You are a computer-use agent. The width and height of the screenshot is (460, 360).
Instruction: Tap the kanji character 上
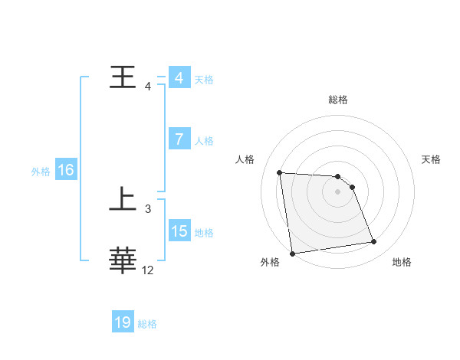point(123,201)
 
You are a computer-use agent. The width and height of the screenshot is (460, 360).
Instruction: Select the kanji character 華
point(123,260)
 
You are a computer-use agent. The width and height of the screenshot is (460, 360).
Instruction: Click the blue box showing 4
point(179,78)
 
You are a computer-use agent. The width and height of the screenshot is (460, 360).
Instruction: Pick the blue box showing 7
point(179,139)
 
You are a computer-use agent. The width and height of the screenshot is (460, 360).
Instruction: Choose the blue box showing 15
point(179,231)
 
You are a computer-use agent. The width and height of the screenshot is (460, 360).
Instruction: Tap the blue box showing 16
point(65,170)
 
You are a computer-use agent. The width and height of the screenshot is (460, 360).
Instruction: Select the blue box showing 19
point(123,322)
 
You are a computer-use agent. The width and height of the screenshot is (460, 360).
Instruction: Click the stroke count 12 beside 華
point(148,270)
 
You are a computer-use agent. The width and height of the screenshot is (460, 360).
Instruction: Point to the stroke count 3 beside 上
point(147,208)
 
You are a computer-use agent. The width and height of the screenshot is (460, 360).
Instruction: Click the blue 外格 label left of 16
point(41,172)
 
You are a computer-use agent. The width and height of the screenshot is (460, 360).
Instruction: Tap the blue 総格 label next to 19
point(147,324)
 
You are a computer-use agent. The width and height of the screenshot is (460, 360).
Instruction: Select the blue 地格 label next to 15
point(204,233)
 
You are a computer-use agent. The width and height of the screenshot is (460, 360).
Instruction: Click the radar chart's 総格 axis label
point(337,100)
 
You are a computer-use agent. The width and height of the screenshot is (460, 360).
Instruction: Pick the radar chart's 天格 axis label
point(432,159)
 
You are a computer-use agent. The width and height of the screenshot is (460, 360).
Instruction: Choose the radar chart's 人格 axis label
point(245,159)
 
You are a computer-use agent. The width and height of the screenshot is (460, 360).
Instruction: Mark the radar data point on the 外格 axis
point(292,254)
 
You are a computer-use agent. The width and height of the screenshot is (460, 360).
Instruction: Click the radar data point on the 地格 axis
point(374,242)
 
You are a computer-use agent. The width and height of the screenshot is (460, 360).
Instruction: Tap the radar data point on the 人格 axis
point(280,172)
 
